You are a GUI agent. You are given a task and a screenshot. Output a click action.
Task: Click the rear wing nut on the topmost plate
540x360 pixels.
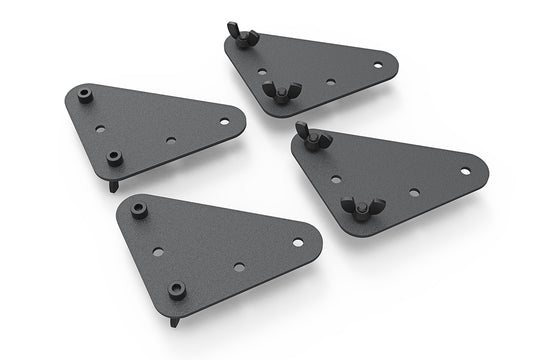[244, 37]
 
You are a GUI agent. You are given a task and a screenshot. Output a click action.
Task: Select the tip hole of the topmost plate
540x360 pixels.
[378, 65]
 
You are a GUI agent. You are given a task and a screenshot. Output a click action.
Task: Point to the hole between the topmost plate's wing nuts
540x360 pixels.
[262, 72]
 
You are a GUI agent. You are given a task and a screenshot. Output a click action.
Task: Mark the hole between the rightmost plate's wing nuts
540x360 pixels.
[336, 180]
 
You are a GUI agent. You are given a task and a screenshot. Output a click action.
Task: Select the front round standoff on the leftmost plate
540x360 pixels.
[114, 157]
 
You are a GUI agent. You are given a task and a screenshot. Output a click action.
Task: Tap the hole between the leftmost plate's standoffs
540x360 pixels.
[100, 129]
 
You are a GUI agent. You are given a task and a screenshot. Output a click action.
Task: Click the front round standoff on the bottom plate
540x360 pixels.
[177, 289]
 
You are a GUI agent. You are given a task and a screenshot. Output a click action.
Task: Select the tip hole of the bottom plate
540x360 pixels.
[298, 240]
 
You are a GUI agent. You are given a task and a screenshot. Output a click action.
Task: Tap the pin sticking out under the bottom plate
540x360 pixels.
[176, 319]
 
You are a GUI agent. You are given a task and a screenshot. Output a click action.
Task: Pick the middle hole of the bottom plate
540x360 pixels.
[238, 267]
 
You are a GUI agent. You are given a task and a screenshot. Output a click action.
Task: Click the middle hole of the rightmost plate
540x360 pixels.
[414, 192]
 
